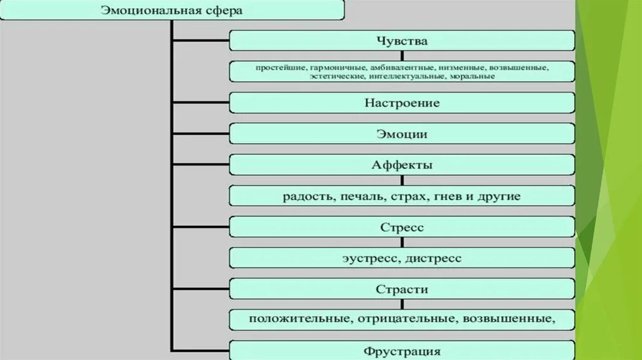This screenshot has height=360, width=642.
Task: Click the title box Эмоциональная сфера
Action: pyautogui.click(x=172, y=11)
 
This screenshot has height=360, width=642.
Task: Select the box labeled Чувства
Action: pyautogui.click(x=402, y=41)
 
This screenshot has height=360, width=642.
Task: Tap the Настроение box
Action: pyautogui.click(x=402, y=103)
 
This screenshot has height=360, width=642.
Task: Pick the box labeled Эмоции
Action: pyautogui.click(x=402, y=134)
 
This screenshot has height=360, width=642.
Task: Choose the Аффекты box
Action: pyautogui.click(x=402, y=165)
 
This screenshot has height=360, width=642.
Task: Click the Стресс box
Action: pyautogui.click(x=402, y=227)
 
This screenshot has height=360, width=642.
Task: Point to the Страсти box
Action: pyautogui.click(x=402, y=289)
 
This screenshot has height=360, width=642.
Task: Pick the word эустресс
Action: pyautogui.click(x=371, y=258)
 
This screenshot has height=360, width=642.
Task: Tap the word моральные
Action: pyautogui.click(x=472, y=77)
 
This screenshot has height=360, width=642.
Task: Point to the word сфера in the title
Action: pyautogui.click(x=226, y=11)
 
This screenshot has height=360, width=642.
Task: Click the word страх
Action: pyautogui.click(x=399, y=196)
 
